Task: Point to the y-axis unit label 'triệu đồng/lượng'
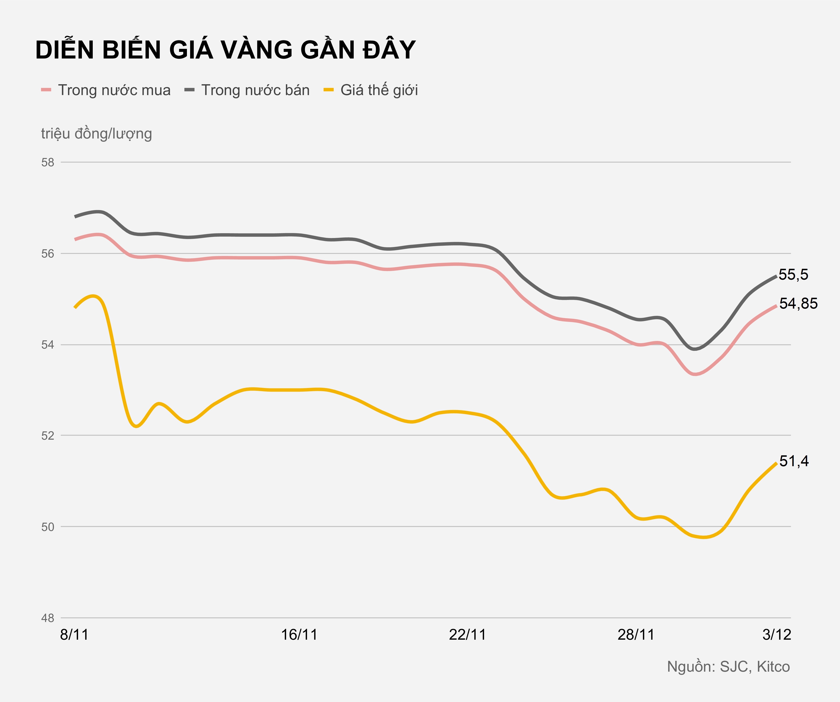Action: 96,133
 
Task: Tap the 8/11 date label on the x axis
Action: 74,635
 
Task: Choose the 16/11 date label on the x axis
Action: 299,635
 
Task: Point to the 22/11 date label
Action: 467,635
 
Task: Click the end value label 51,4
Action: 794,461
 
